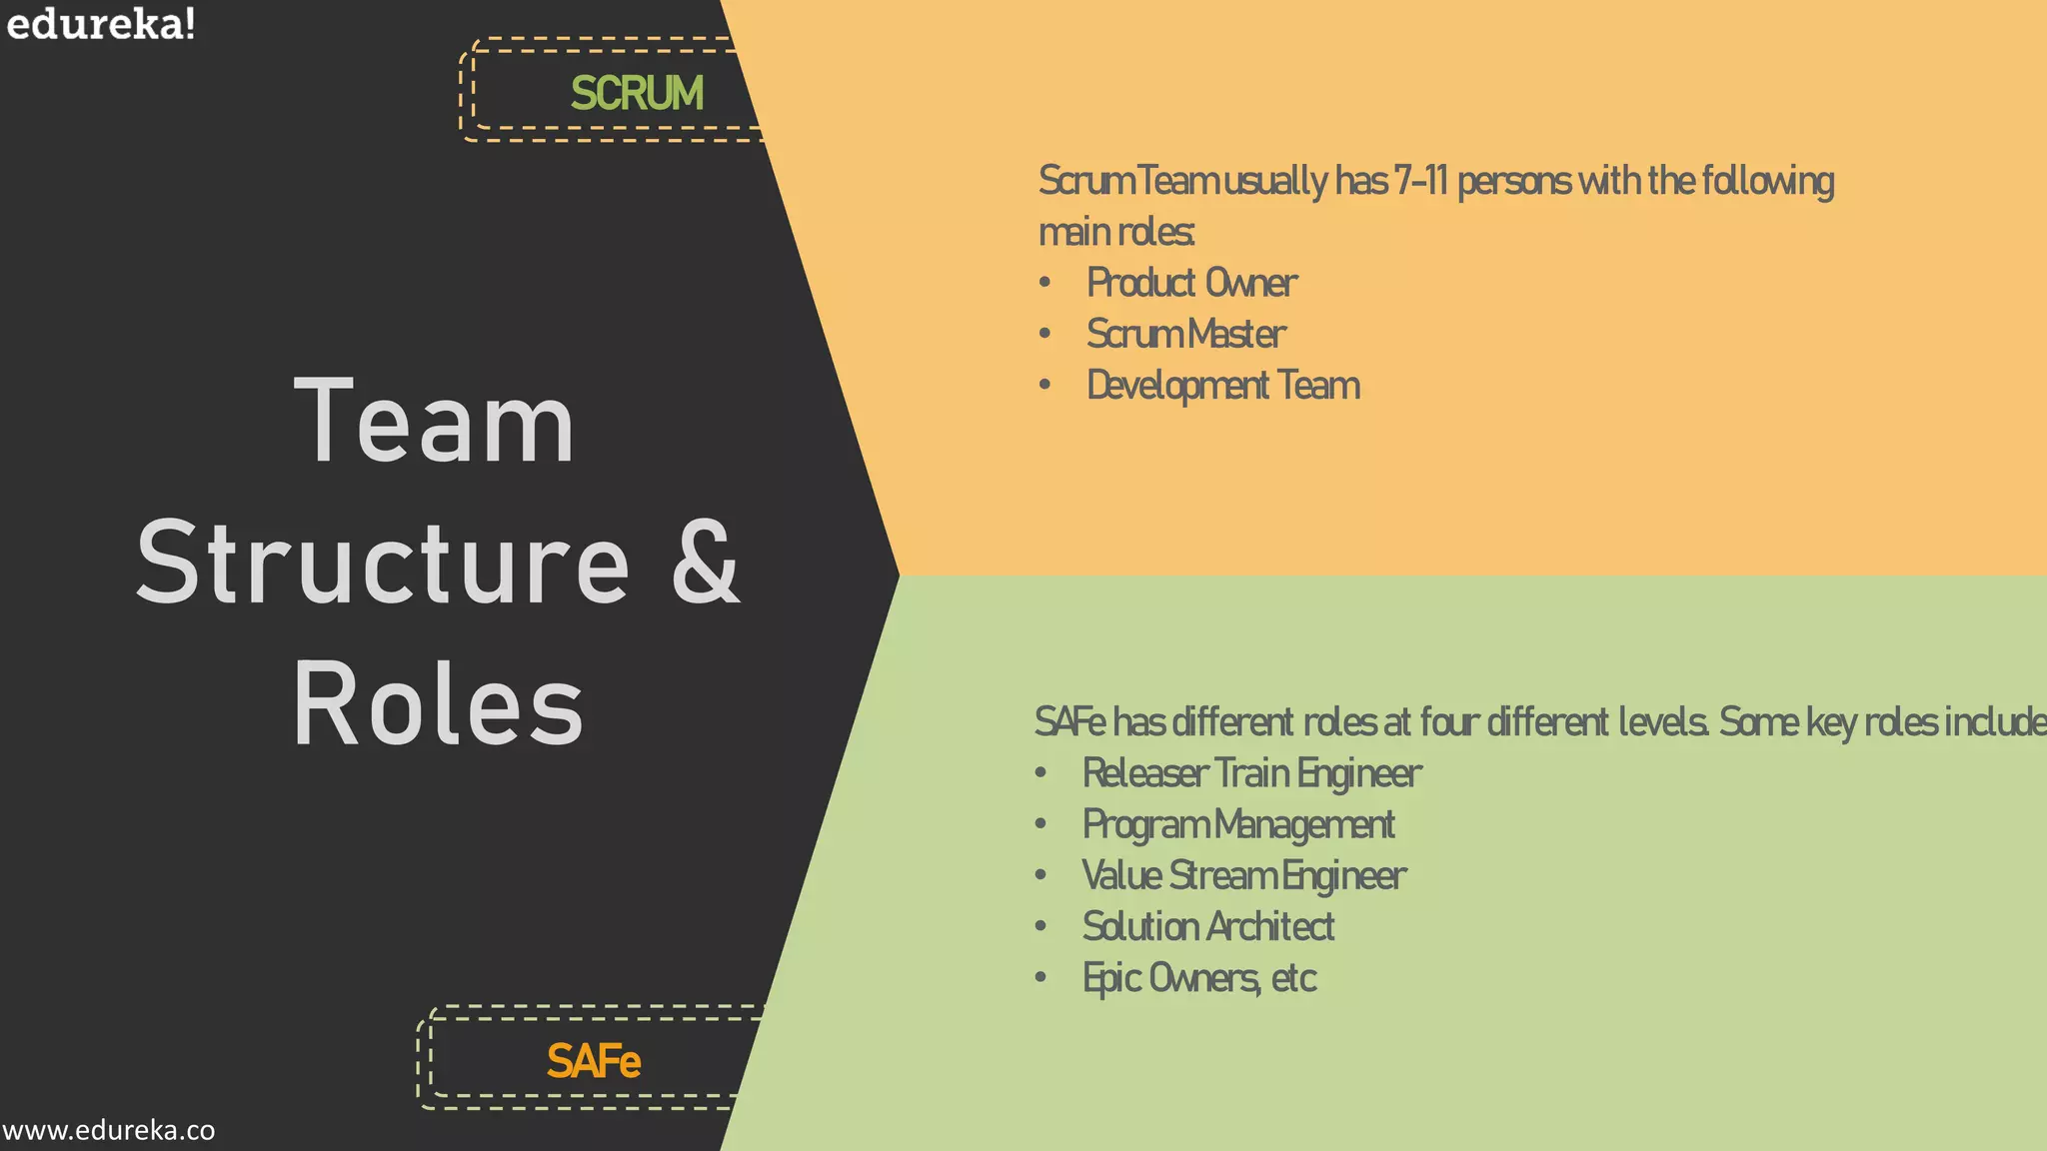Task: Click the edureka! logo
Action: [100, 24]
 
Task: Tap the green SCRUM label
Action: [637, 93]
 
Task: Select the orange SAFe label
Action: [593, 1061]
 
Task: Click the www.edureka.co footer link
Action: [108, 1130]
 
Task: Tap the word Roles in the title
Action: [438, 704]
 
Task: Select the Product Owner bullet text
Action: [1191, 283]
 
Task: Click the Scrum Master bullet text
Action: [1185, 334]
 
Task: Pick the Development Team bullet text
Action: [1223, 386]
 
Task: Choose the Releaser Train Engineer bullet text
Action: [1251, 773]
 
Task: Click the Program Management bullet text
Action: [1238, 824]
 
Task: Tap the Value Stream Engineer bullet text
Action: [1243, 876]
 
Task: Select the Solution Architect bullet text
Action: [1207, 927]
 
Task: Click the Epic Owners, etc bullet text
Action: [1199, 978]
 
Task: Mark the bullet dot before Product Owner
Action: [1044, 283]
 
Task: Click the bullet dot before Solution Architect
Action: [1040, 926]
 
